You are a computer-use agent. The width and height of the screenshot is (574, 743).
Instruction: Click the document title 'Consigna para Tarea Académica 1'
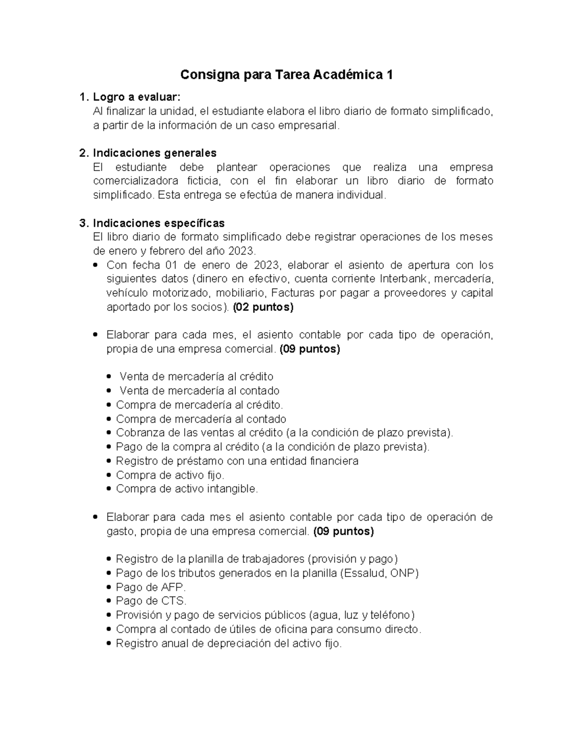(x=287, y=75)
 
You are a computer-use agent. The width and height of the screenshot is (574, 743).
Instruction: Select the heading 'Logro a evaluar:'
(x=137, y=98)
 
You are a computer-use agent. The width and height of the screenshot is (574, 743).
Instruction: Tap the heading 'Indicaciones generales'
(x=155, y=153)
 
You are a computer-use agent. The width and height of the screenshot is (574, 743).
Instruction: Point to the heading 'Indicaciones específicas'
(x=158, y=223)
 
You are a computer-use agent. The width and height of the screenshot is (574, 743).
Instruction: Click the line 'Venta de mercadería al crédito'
(x=196, y=377)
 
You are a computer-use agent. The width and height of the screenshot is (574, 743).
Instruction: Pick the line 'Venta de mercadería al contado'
(x=199, y=391)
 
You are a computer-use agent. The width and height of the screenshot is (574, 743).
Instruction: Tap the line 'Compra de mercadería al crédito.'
(x=199, y=405)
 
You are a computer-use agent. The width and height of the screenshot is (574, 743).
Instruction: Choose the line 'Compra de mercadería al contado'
(x=201, y=419)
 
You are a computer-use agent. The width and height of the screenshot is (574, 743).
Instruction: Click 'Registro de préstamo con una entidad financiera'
(x=237, y=461)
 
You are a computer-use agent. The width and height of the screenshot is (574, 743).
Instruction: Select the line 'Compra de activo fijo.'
(x=170, y=475)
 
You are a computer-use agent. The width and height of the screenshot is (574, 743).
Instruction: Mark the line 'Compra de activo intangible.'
(x=187, y=489)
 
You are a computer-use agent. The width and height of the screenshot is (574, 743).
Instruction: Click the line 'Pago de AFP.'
(x=151, y=587)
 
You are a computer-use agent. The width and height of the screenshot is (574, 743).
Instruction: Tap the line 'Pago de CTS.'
(x=151, y=601)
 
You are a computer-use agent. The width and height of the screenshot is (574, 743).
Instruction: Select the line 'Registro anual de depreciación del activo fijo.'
(x=229, y=643)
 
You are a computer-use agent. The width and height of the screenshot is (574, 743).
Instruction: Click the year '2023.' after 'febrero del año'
(x=242, y=251)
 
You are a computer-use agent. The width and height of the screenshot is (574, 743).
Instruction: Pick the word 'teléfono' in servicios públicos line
(x=391, y=615)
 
